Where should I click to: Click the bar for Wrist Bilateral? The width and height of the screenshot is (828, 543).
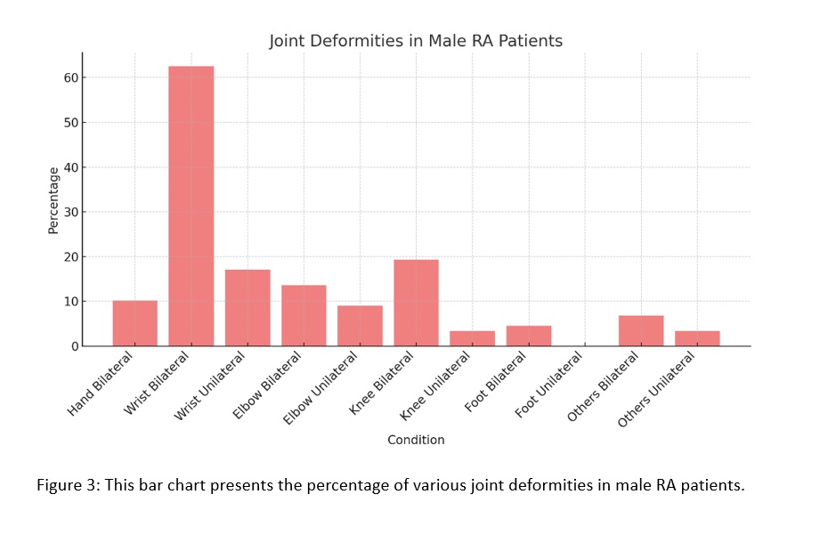(191, 206)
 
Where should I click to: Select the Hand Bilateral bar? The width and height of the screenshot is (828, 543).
(134, 323)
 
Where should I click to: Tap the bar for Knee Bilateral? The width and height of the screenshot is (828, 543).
(417, 303)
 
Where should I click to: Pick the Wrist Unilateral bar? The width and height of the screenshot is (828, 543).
(248, 307)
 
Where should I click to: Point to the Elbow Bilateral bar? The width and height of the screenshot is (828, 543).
(304, 315)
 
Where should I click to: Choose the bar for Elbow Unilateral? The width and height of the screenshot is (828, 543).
(360, 326)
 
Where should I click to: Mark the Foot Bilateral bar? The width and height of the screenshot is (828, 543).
(529, 336)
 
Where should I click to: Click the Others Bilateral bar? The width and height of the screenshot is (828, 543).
(641, 330)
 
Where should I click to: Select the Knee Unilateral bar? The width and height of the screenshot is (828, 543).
(473, 338)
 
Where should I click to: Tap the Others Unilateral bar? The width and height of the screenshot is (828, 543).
(697, 338)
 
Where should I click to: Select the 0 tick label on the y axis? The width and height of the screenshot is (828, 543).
(76, 346)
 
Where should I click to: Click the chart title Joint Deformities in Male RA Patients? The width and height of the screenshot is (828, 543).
(416, 42)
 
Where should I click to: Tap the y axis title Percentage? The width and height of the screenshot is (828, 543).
(53, 200)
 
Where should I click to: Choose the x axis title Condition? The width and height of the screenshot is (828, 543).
(416, 440)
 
